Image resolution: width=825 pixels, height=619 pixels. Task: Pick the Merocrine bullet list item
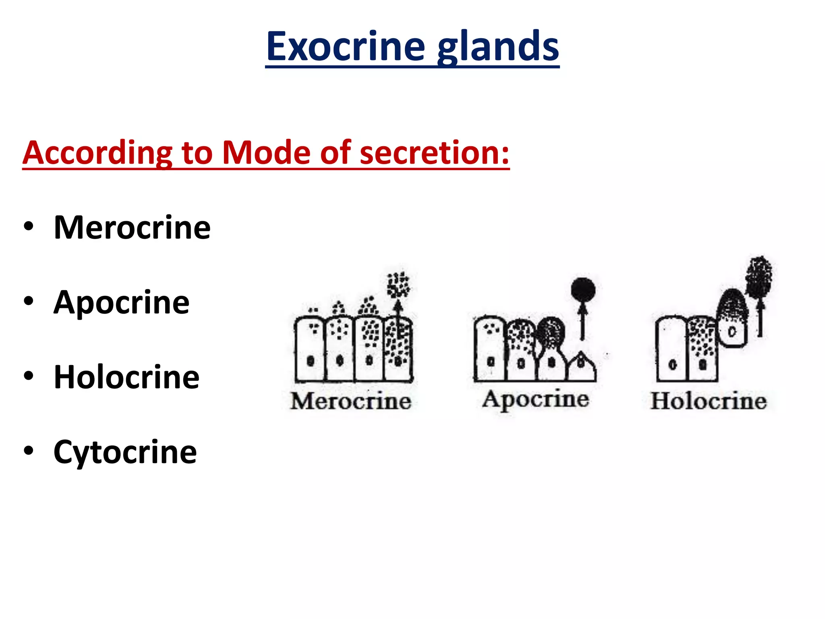132,228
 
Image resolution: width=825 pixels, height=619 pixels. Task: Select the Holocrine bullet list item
126,377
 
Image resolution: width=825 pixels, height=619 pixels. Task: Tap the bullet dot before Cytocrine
29,451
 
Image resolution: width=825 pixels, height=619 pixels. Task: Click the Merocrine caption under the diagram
351,401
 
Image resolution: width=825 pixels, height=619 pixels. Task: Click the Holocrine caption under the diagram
709,401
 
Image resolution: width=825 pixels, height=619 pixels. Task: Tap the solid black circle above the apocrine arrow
583,289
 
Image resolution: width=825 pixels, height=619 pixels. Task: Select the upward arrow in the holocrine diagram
760,316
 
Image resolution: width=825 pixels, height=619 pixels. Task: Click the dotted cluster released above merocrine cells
398,285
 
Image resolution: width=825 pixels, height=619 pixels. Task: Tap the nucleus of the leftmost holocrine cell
672,365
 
